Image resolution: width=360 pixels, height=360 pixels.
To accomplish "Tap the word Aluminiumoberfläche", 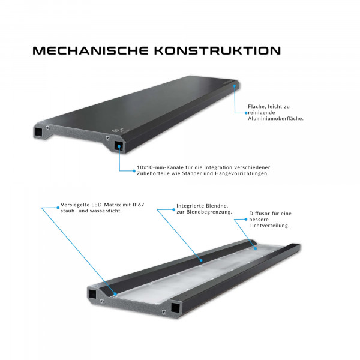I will tap(276, 119).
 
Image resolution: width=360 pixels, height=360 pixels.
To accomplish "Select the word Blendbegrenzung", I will tap(208, 212).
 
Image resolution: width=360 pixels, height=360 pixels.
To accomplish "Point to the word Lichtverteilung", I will tap(269, 226).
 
